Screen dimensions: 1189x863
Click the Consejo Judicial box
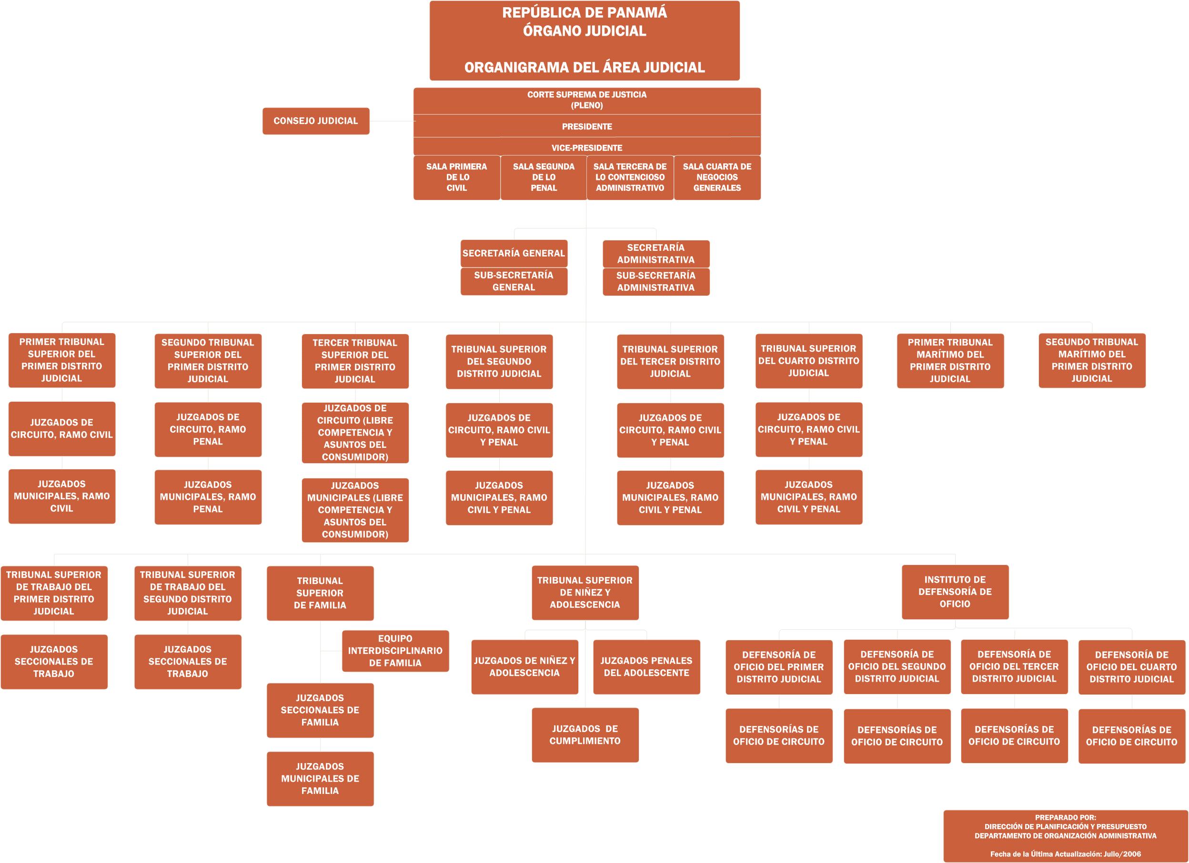pyautogui.click(x=316, y=121)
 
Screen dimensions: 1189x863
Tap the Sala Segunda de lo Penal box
pyautogui.click(x=544, y=178)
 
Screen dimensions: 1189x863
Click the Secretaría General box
pyautogui.click(x=514, y=254)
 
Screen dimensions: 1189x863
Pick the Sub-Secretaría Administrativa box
pyautogui.click(x=656, y=282)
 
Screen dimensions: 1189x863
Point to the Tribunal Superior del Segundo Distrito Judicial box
pyautogui.click(x=499, y=362)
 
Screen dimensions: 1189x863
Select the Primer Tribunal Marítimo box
pyautogui.click(x=950, y=361)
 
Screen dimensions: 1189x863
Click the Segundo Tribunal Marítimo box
pyautogui.click(x=1092, y=360)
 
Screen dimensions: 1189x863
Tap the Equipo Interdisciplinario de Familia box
pyautogui.click(x=395, y=651)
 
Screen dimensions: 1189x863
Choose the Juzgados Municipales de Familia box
pyautogui.click(x=320, y=779)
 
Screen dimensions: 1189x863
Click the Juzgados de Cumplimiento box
pyautogui.click(x=585, y=734)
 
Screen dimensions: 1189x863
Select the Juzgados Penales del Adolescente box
pyautogui.click(x=646, y=667)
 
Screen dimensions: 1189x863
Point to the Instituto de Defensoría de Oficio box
pyautogui.click(x=955, y=592)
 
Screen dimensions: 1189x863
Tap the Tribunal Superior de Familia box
pyautogui.click(x=320, y=593)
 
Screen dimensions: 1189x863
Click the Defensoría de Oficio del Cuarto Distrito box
pyautogui.click(x=1132, y=667)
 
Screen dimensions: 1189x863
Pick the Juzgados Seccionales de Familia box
pyautogui.click(x=320, y=711)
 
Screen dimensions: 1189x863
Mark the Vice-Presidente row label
pyautogui.click(x=586, y=148)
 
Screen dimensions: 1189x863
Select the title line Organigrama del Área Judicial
pyautogui.click(x=584, y=67)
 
